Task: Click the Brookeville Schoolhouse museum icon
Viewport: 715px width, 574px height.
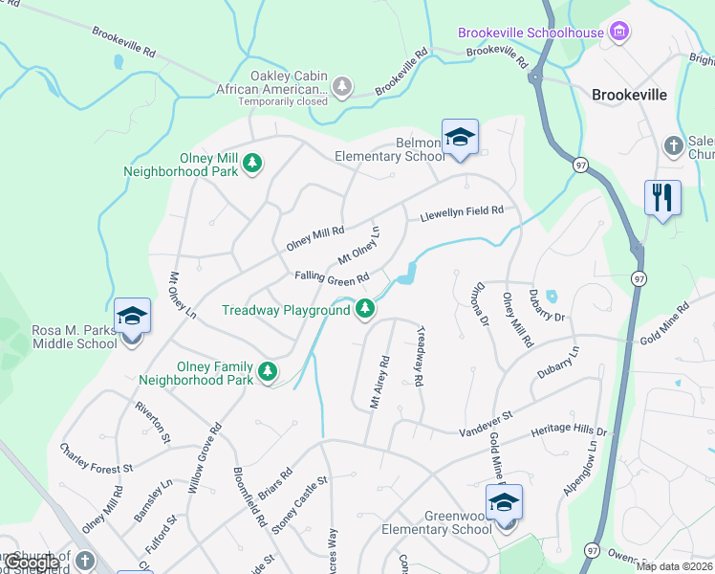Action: pyautogui.click(x=620, y=33)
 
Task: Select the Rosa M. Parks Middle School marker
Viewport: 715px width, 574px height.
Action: pyautogui.click(x=131, y=317)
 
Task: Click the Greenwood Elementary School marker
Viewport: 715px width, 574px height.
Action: pyautogui.click(x=504, y=502)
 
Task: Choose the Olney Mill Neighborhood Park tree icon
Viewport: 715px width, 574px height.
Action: pyautogui.click(x=252, y=163)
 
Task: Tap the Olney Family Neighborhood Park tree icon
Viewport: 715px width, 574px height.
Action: pyautogui.click(x=270, y=370)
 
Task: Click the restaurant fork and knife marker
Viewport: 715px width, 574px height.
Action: pyautogui.click(x=662, y=198)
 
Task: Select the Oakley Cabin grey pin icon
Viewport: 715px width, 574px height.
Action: pyautogui.click(x=342, y=87)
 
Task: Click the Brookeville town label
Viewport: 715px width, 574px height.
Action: pyautogui.click(x=630, y=96)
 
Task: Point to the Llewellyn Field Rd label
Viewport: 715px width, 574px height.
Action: pyautogui.click(x=461, y=212)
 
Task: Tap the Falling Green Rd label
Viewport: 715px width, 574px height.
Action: pyautogui.click(x=332, y=278)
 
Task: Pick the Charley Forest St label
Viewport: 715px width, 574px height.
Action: pyautogui.click(x=97, y=457)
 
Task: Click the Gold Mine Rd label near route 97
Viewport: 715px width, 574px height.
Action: pyautogui.click(x=663, y=324)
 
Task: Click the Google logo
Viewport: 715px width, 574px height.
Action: pyautogui.click(x=31, y=563)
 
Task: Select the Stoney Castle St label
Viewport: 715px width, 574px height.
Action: pyautogui.click(x=299, y=506)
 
